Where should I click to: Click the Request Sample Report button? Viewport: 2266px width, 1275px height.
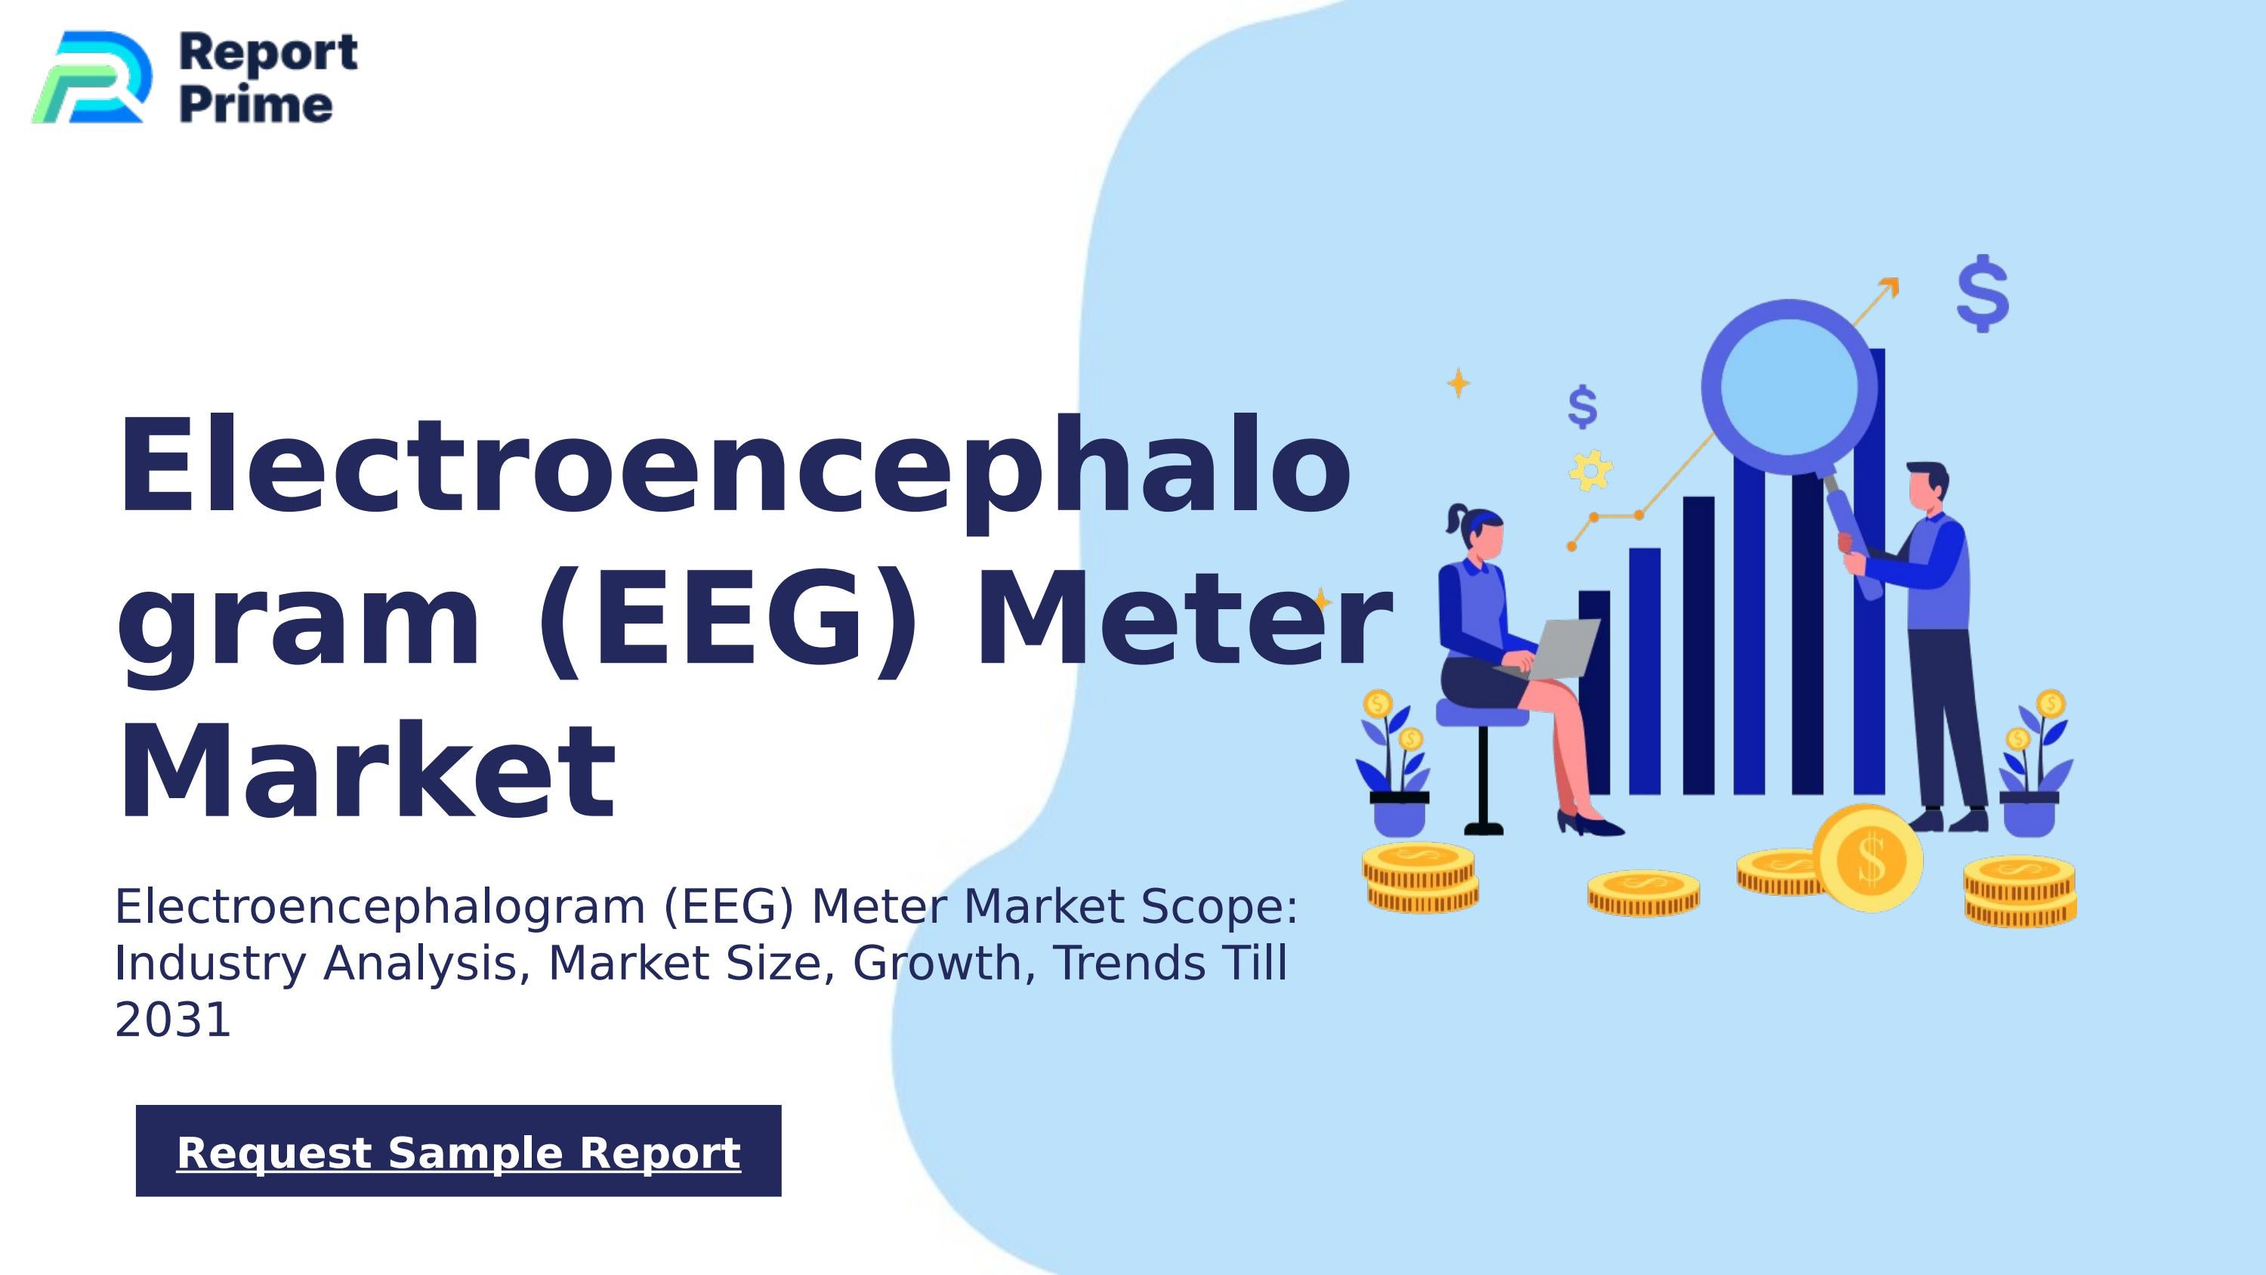458,1151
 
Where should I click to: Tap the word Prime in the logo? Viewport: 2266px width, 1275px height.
256,106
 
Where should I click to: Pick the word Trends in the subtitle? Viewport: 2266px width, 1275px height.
1129,964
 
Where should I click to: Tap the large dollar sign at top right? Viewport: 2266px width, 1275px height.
1983,294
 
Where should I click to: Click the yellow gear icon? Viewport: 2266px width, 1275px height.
1591,471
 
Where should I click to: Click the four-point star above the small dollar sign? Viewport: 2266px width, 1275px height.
1459,382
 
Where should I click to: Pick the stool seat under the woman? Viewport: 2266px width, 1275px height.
1482,713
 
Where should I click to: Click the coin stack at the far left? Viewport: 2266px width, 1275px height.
1420,877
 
